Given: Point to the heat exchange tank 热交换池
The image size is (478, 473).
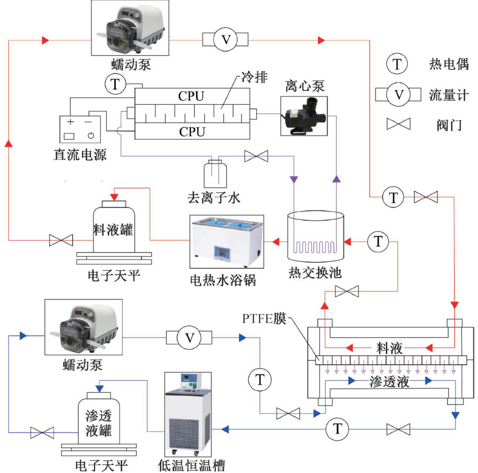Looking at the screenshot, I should pyautogui.click(x=316, y=237).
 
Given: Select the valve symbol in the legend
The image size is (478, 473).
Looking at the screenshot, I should pyautogui.click(x=399, y=125).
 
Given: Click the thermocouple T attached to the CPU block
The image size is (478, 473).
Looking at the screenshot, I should pyautogui.click(x=116, y=85).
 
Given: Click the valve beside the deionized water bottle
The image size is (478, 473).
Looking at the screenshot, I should pyautogui.click(x=256, y=157).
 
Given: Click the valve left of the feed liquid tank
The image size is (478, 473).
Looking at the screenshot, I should pyautogui.click(x=61, y=241).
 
